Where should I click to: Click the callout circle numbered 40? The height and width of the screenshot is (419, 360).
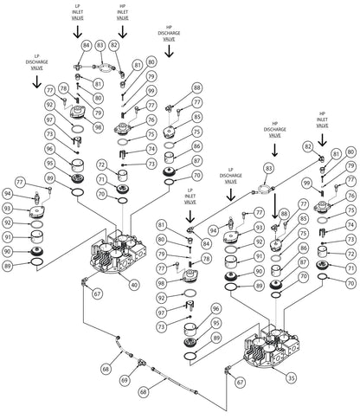tap(134, 284)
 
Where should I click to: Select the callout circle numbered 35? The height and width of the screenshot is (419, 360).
tap(291, 377)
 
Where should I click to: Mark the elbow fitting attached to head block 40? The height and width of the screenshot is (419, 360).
tap(83, 282)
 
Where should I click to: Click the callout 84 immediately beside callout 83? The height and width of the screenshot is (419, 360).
tap(86, 44)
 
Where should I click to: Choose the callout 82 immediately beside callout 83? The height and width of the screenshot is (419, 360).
tap(113, 44)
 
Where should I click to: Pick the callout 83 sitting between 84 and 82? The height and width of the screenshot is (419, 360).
tap(100, 44)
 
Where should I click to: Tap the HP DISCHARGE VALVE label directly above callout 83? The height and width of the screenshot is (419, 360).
tap(276, 132)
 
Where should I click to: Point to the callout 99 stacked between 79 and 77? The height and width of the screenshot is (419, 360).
tap(151, 91)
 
